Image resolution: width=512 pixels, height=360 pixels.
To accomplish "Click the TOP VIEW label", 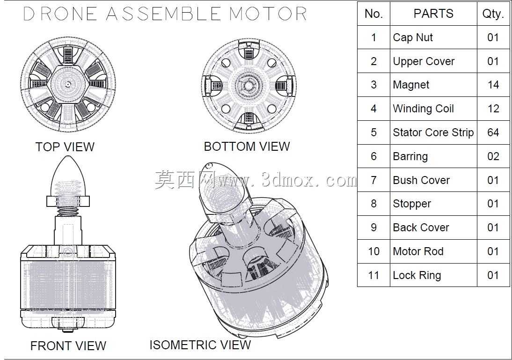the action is (65, 147).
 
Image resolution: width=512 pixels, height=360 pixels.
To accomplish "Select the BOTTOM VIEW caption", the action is (247, 147).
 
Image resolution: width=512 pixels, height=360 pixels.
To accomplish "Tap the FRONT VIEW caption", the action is (68, 345).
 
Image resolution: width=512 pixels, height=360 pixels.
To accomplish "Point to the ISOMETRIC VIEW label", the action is (200, 345).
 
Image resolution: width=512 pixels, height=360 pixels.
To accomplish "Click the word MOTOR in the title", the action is (268, 14).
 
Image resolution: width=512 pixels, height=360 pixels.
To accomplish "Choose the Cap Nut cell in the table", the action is (413, 37).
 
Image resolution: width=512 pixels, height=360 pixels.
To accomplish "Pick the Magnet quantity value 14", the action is (493, 85).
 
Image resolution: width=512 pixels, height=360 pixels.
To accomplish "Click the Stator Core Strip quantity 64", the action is (493, 132).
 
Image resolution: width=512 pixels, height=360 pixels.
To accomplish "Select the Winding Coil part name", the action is (423, 109).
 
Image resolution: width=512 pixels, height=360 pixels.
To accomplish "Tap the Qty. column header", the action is (493, 14).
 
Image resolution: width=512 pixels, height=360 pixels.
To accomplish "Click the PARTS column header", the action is (433, 14).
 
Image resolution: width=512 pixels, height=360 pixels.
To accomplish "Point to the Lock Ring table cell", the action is (417, 275).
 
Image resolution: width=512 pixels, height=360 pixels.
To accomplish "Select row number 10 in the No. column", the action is (373, 251).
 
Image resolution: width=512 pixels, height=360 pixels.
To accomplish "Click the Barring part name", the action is (410, 156).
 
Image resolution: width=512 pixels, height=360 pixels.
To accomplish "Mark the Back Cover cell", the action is (421, 228).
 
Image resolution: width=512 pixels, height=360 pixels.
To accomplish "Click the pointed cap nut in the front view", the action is (68, 176).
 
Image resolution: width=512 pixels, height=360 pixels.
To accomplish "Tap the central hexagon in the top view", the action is (68, 85).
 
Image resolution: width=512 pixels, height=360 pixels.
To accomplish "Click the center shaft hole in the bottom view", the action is (249, 86).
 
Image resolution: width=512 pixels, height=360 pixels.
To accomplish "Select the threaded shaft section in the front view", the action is (68, 211).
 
